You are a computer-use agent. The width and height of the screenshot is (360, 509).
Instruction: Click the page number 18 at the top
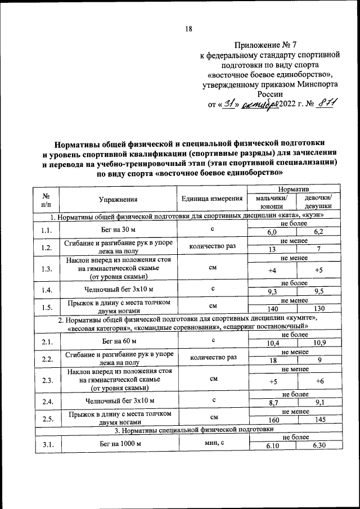click(190, 29)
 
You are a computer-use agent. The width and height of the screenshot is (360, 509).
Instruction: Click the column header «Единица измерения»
click(212, 199)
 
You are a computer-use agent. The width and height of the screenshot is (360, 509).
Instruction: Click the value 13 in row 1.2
click(272, 249)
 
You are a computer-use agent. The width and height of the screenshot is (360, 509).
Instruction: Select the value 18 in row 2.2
click(272, 361)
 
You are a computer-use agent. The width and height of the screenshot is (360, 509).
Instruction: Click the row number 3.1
click(47, 443)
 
